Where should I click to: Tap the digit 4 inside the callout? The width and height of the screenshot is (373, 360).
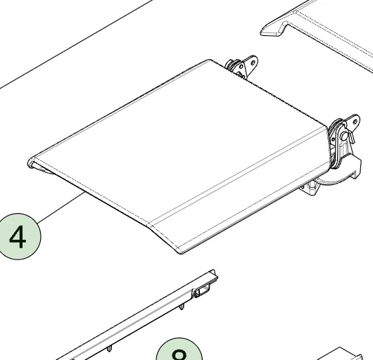[x=17, y=238]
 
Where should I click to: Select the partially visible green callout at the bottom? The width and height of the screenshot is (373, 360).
[x=179, y=352]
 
